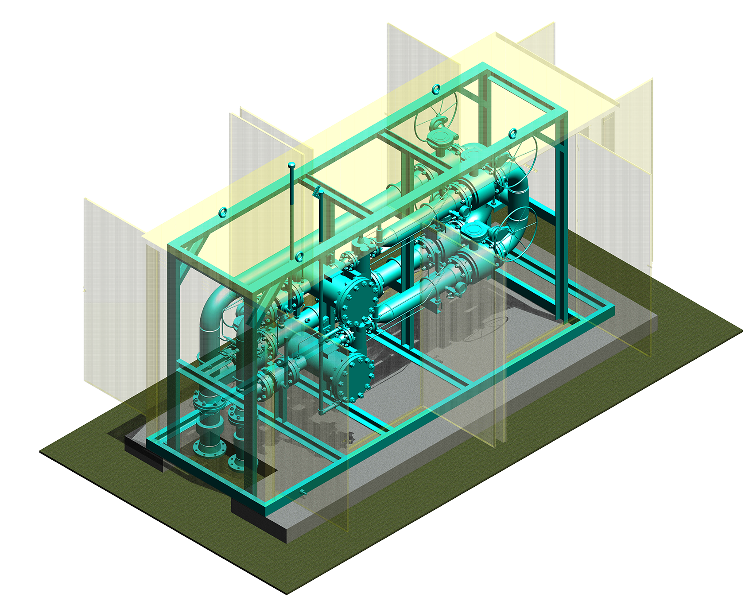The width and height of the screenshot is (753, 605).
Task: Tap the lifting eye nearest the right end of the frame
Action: click(512, 133)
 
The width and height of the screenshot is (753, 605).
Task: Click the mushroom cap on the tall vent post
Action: click(292, 166)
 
